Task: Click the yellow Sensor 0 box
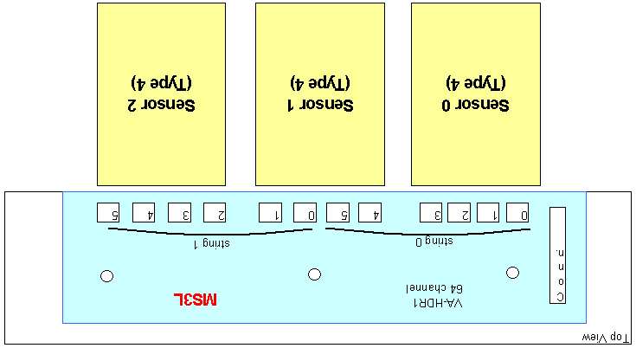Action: tap(476, 94)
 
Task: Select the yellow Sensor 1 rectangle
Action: tap(320, 94)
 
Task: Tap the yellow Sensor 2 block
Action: tap(162, 94)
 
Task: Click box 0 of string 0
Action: tap(517, 213)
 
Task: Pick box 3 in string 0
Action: tap(431, 213)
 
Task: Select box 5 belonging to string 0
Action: tap(337, 213)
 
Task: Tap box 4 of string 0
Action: tap(370, 213)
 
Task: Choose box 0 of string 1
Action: tap(305, 213)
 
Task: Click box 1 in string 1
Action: tap(270, 213)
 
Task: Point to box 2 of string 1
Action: tap(215, 213)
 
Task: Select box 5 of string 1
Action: tap(108, 213)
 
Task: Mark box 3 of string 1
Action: tap(180, 213)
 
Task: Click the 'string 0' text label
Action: tap(434, 242)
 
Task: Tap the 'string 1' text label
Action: tap(211, 244)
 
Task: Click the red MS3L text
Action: tap(195, 300)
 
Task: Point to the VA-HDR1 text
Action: tap(438, 303)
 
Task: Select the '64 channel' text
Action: tap(434, 288)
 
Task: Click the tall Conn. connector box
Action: tap(558, 255)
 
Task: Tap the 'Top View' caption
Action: tap(605, 337)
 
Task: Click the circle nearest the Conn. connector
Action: tap(512, 273)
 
